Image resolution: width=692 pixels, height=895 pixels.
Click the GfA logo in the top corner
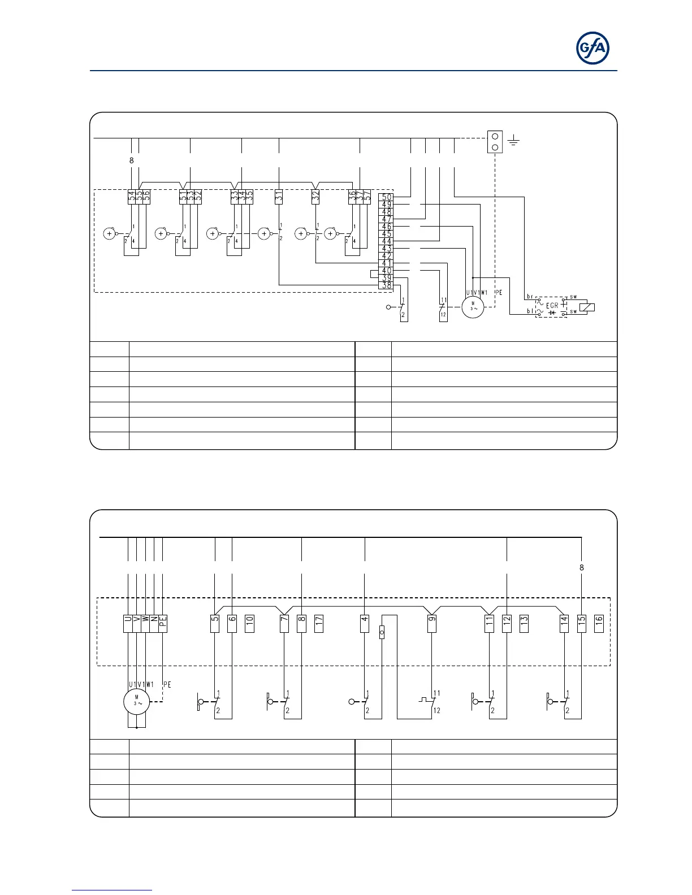[x=592, y=49]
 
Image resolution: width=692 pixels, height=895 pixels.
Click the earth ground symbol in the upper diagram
[x=513, y=139]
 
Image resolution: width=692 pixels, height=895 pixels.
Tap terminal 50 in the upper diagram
[x=387, y=197]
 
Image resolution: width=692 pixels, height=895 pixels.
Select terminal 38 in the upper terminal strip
[x=387, y=285]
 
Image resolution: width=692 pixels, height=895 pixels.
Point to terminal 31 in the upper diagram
[x=279, y=197]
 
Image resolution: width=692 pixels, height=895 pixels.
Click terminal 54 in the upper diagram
[x=132, y=197]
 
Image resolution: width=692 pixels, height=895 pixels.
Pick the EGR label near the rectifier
[x=552, y=306]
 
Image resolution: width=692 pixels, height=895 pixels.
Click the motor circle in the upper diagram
[x=473, y=307]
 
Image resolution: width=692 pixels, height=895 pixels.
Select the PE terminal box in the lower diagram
[x=163, y=623]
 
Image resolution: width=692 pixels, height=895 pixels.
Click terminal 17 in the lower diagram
[x=319, y=623]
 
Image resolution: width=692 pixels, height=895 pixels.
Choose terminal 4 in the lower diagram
[x=365, y=623]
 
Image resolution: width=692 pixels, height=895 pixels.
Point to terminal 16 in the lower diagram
[x=599, y=623]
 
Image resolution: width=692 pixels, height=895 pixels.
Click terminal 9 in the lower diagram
[x=432, y=623]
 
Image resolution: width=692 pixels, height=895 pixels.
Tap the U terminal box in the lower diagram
[x=128, y=623]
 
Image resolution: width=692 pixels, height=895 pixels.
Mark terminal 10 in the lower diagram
[x=249, y=623]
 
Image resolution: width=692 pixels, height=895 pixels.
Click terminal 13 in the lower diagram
[x=524, y=623]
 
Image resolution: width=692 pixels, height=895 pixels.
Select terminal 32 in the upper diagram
[x=315, y=197]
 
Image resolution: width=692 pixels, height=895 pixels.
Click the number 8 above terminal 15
[x=582, y=568]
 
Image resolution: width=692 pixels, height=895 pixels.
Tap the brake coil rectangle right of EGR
[x=587, y=308]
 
